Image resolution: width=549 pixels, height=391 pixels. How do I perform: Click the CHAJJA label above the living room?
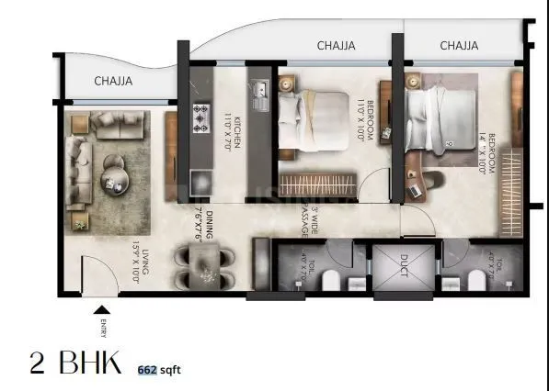coord(113,82)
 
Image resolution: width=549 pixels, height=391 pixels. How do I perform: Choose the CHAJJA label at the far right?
coord(458,45)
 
